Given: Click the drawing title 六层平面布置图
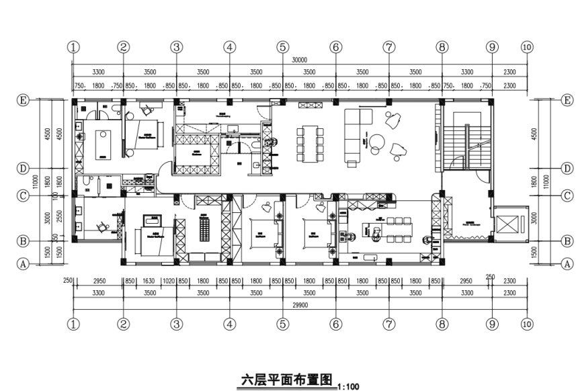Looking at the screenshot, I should tap(287, 380).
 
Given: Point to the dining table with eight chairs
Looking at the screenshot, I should tap(310, 140).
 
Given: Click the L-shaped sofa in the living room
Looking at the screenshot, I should tap(356, 134).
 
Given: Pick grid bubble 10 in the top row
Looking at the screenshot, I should tap(526, 47).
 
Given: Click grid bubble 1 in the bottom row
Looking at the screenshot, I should tap(73, 324).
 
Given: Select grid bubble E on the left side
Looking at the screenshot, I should tap(23, 100).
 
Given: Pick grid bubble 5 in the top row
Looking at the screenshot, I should tap(282, 47).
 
